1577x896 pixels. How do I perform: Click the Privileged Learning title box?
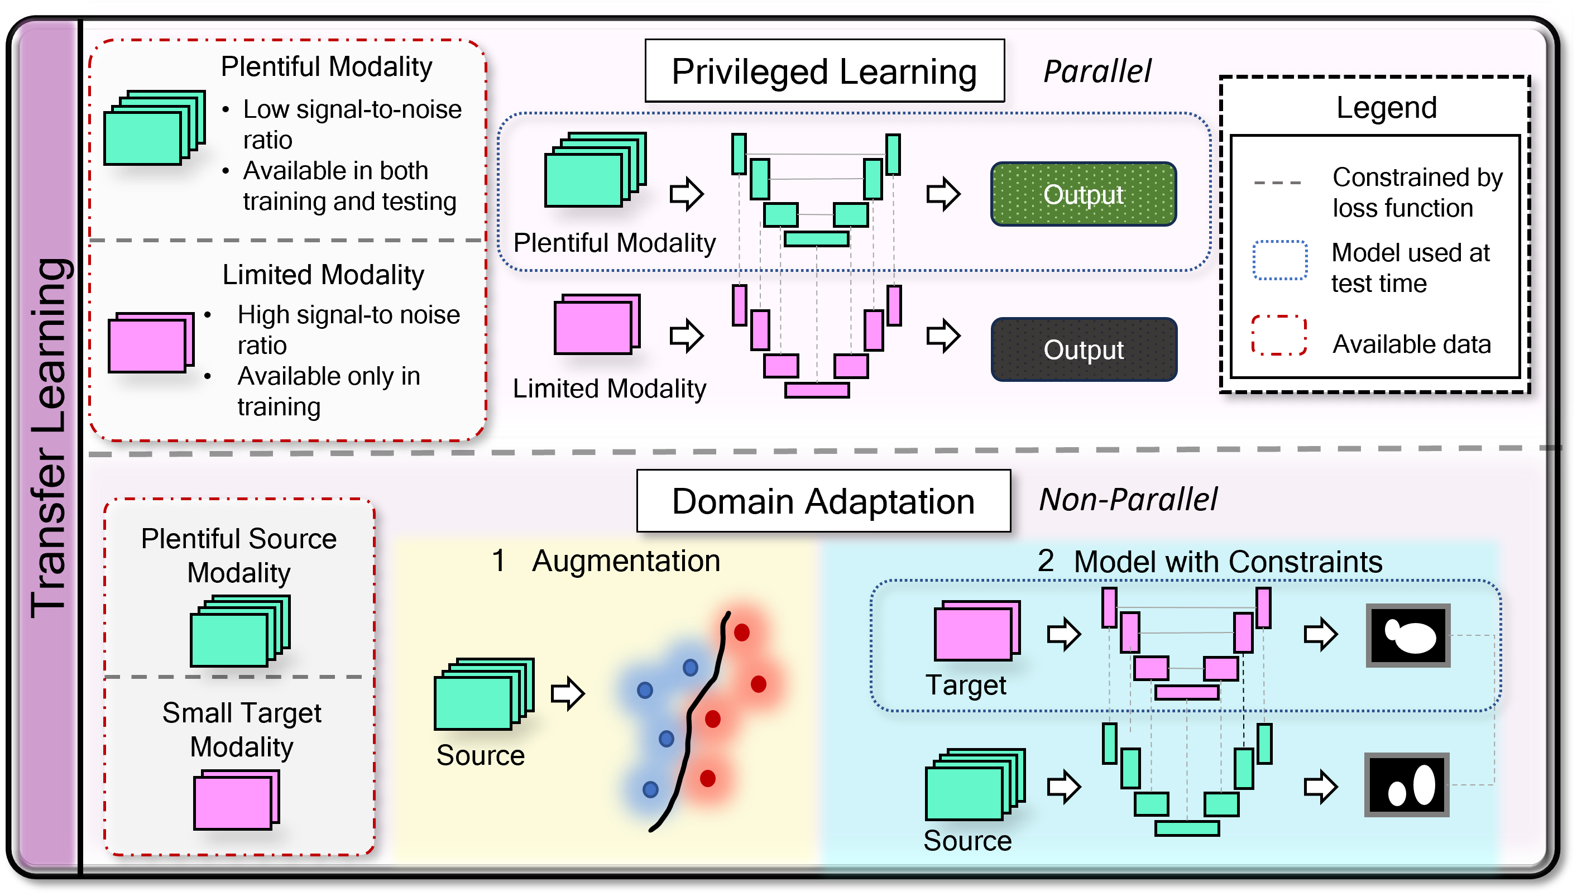[x=824, y=71]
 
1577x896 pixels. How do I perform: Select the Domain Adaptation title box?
[x=823, y=501]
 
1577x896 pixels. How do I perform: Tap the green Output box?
[x=1082, y=194]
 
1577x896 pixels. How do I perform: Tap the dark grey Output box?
[x=1082, y=349]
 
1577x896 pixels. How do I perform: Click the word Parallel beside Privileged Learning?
[x=1097, y=71]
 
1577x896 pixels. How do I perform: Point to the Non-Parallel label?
[x=1127, y=499]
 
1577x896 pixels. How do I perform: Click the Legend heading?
[x=1386, y=108]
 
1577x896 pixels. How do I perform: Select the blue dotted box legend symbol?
[x=1279, y=260]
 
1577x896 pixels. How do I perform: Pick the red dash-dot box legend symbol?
[x=1278, y=336]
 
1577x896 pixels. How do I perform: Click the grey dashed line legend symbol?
[x=1277, y=183]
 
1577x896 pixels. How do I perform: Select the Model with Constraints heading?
[x=1227, y=562]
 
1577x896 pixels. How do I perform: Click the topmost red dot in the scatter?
[x=741, y=632]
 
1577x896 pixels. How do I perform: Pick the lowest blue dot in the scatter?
[x=650, y=789]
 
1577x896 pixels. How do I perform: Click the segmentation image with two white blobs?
[x=1406, y=784]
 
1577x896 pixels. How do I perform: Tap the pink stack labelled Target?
[x=976, y=630]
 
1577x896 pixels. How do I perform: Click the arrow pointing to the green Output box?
[x=943, y=194]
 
